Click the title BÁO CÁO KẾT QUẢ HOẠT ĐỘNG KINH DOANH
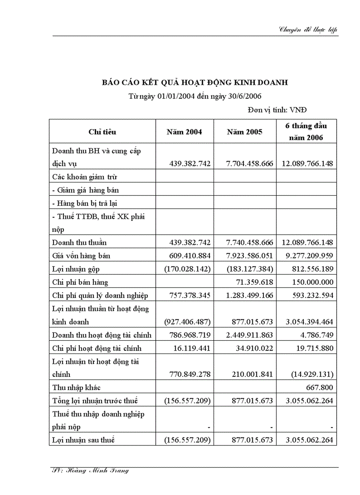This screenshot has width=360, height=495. [195, 82]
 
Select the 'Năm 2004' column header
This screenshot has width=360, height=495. [184, 132]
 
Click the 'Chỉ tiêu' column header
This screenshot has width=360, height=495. [102, 132]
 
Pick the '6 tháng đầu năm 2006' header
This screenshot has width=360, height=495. [306, 131]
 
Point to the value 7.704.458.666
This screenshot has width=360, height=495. [250, 164]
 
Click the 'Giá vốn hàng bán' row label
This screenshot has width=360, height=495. [81, 256]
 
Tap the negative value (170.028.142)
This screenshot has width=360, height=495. [187, 269]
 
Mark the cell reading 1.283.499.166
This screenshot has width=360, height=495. [250, 295]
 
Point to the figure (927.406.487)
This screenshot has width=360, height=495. [187, 322]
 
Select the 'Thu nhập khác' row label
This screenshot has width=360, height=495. [76, 387]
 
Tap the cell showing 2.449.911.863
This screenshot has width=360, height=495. [250, 335]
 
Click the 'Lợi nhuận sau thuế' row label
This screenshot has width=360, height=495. [83, 440]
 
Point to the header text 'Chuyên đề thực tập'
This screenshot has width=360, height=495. [308, 30]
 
